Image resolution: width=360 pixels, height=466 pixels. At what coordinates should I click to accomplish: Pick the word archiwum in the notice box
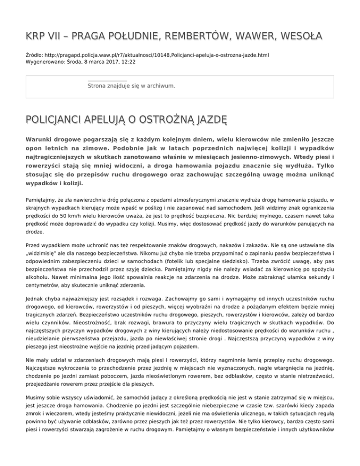[x=160, y=86]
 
